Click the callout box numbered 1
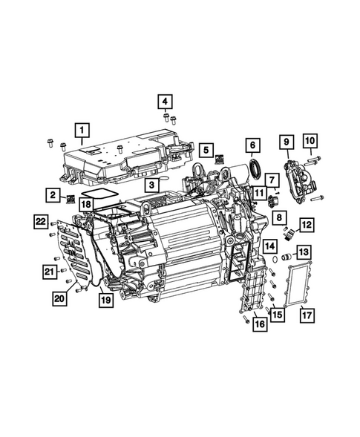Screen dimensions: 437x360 pyautogui.click(x=82, y=133)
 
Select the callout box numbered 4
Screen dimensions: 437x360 pyautogui.click(x=165, y=102)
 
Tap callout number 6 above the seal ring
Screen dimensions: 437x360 pyautogui.click(x=252, y=145)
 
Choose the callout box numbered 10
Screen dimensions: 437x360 pyautogui.click(x=310, y=139)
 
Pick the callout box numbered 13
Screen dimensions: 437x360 pyautogui.click(x=304, y=254)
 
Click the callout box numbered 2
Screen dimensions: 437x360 pyautogui.click(x=54, y=195)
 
